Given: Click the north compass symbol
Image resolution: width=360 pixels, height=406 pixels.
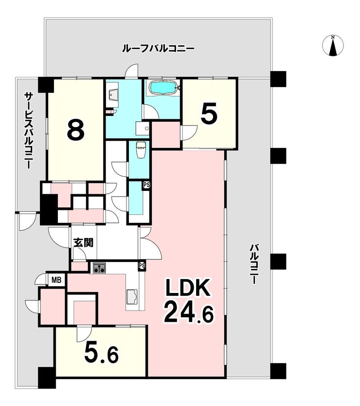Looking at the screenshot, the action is click(333, 45).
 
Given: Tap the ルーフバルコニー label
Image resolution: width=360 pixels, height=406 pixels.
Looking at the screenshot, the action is click(159, 49).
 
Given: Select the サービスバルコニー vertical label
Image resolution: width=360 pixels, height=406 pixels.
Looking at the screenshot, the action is click(29, 131).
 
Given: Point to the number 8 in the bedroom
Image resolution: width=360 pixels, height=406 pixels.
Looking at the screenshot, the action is click(75, 130).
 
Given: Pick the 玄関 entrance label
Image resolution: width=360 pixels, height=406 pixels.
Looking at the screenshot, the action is click(83, 243).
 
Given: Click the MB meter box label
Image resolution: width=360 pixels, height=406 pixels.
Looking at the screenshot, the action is click(56, 280).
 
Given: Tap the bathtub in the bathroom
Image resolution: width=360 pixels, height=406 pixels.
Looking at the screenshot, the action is click(163, 87).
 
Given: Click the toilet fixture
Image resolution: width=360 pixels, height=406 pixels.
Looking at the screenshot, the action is click(141, 149).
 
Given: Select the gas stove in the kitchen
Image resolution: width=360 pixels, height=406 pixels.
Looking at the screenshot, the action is click(99, 268).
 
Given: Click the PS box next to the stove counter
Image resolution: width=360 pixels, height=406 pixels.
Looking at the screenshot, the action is click(142, 266).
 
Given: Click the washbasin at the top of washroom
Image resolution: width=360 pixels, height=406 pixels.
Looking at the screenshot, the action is click(112, 94).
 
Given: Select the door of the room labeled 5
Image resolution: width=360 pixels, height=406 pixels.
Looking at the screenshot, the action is click(189, 132).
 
